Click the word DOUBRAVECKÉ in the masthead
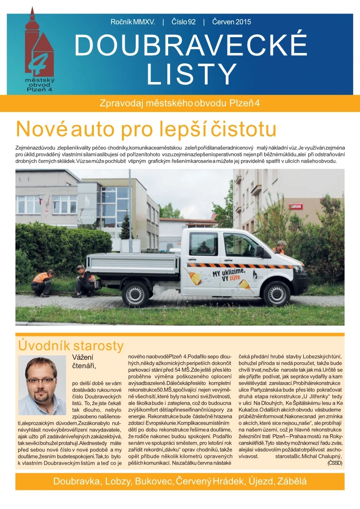191,45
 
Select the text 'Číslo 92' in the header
184,22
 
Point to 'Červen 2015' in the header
231,22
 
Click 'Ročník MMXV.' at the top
133,22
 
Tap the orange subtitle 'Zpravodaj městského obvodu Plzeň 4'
180,103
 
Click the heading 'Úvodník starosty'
70,346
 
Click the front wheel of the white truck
277,293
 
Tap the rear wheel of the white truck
136,294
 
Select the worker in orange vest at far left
42,282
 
